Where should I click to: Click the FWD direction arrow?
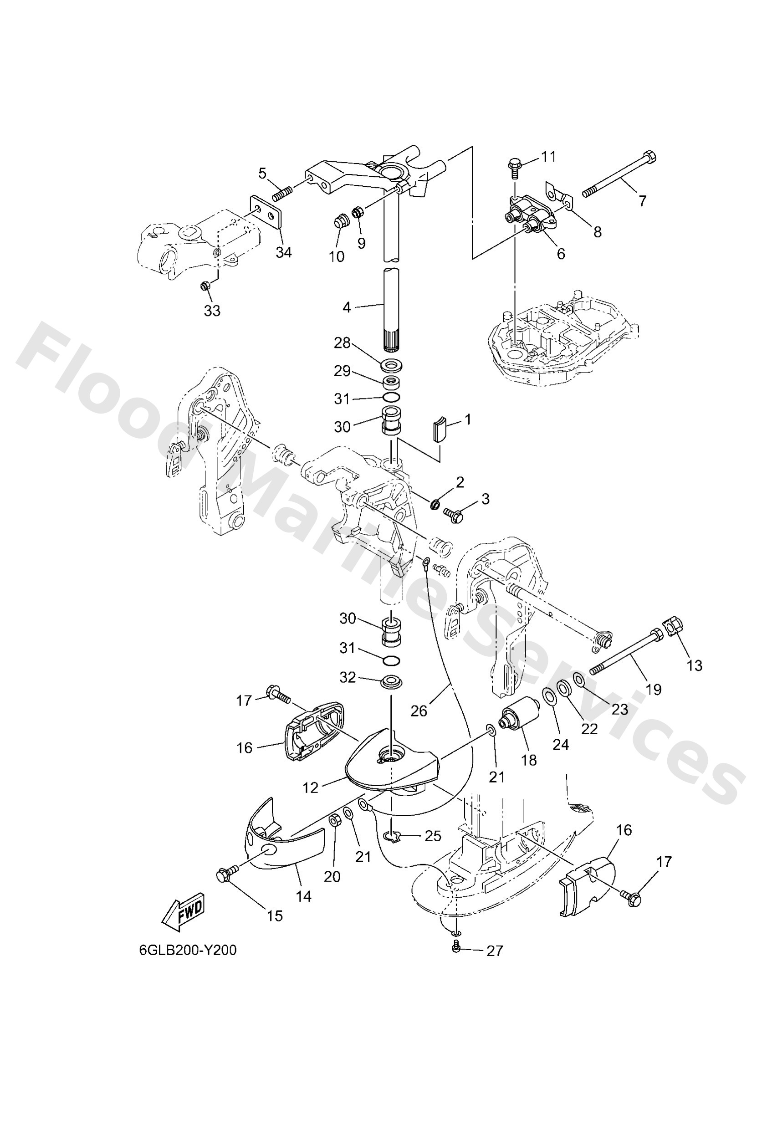[183, 909]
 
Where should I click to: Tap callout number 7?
[643, 200]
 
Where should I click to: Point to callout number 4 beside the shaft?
[346, 307]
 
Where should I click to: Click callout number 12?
[310, 787]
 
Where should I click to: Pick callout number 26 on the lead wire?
[419, 711]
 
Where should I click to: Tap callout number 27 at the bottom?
[494, 951]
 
